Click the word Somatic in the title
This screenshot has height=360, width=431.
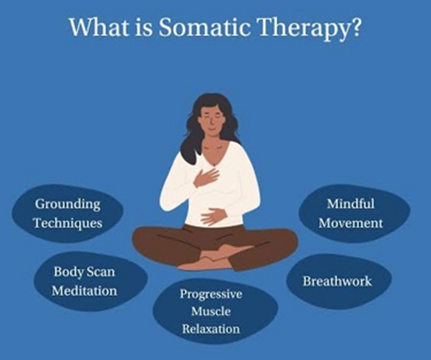pyautogui.click(x=204, y=27)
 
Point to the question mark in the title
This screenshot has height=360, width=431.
pyautogui.click(x=355, y=27)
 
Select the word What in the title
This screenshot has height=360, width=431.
pyautogui.click(x=99, y=27)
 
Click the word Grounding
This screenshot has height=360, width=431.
pyautogui.click(x=68, y=205)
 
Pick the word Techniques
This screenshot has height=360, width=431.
pyautogui.click(x=68, y=223)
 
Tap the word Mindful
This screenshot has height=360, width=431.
pyautogui.click(x=351, y=204)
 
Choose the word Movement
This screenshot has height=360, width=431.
pyautogui.click(x=351, y=223)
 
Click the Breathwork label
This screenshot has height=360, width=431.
pyautogui.click(x=338, y=281)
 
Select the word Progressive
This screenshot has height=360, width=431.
pyautogui.click(x=211, y=294)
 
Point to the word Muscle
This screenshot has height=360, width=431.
pyautogui.click(x=211, y=311)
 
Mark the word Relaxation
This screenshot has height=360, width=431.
pyautogui.click(x=211, y=329)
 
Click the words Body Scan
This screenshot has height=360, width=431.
pyautogui.click(x=84, y=272)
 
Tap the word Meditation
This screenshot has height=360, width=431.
pyautogui.click(x=85, y=291)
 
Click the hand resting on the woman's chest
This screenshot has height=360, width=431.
pyautogui.click(x=207, y=177)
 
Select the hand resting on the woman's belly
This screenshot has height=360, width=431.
pyautogui.click(x=214, y=216)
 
